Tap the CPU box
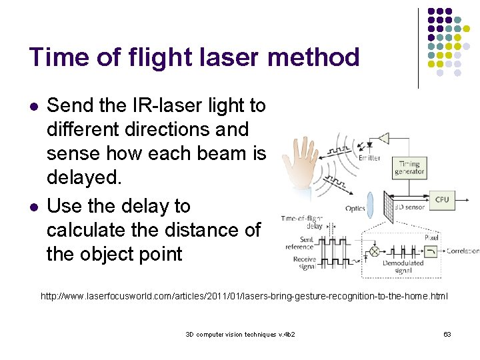point(442,199)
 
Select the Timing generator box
point(409,167)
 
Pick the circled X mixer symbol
point(374,251)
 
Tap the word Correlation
point(463,251)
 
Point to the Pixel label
point(431,237)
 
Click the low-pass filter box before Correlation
point(431,251)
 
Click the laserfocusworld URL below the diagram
point(244,295)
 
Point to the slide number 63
point(447,333)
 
